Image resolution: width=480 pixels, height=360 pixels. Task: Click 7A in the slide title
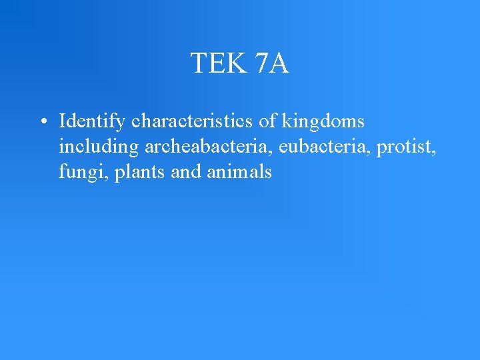pyautogui.click(x=271, y=64)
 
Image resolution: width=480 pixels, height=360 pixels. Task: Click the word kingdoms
pyautogui.click(x=323, y=122)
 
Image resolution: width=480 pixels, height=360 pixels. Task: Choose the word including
pyautogui.click(x=99, y=147)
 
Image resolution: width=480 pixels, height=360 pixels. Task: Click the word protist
pyautogui.click(x=405, y=147)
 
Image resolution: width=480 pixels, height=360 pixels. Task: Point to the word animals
pyautogui.click(x=239, y=172)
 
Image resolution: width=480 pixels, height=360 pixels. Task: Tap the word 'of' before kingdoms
pyautogui.click(x=268, y=121)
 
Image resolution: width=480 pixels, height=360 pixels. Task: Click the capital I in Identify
pyautogui.click(x=62, y=121)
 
